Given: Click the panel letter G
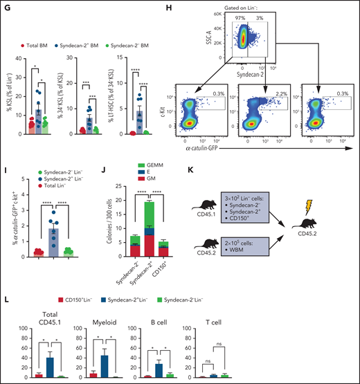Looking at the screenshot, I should pos(8,7).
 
